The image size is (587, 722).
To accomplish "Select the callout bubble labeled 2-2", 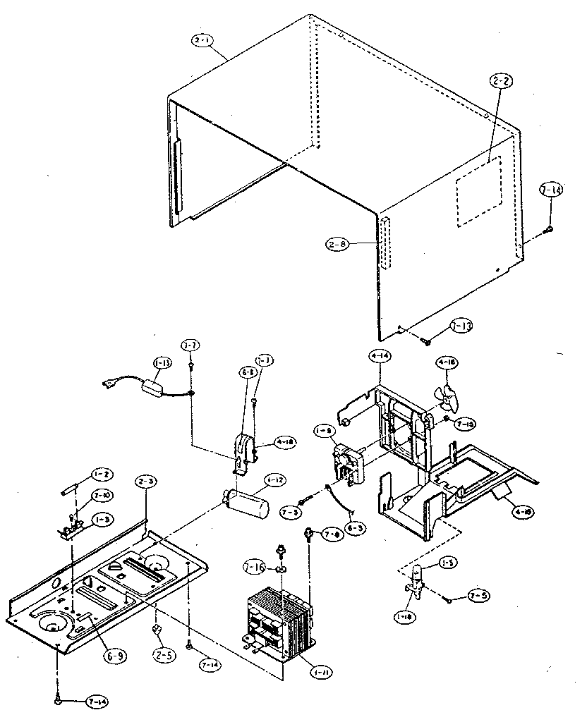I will tap(502, 82).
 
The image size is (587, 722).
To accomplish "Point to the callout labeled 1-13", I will tap(161, 362).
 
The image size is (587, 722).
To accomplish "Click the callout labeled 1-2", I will tap(99, 475).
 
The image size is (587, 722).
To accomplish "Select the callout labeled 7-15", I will tap(465, 424).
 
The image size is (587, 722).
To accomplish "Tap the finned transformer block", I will tap(278, 620).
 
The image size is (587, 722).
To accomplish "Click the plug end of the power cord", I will tap(111, 385).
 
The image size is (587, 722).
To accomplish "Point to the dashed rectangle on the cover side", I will tap(478, 191).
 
